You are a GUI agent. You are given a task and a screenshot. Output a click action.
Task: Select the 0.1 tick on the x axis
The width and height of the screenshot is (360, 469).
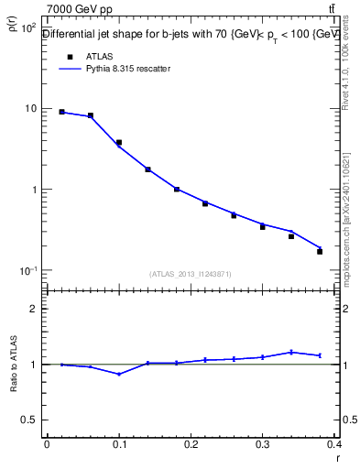pos(118,445)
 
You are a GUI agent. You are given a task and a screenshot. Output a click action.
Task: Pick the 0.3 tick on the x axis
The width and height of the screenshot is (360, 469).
pos(263,445)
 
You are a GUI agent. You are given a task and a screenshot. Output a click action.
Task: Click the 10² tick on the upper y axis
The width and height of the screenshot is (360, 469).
pos(25,27)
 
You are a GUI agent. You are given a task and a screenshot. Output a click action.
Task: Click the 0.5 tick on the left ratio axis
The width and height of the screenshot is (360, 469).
pos(28,420)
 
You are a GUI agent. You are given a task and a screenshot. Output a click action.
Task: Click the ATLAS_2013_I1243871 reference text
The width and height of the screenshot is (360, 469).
pos(191,274)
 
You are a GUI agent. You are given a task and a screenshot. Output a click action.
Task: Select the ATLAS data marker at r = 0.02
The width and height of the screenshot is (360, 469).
pos(61,112)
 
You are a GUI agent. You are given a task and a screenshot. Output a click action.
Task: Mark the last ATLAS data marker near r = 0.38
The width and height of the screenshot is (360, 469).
pos(320,251)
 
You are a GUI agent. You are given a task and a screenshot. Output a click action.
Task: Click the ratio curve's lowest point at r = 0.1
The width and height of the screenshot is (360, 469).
pos(119,374)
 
